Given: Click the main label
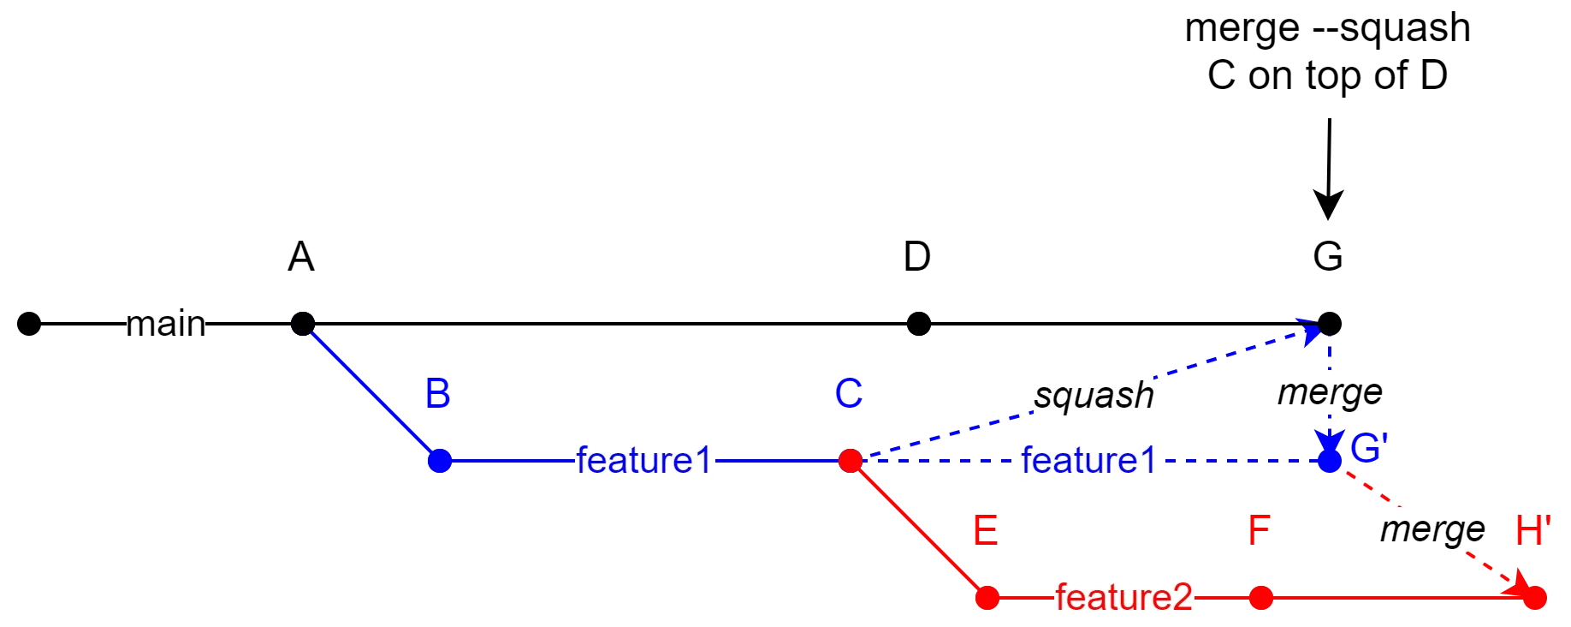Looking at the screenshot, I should [x=164, y=325].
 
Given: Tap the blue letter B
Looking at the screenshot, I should [x=437, y=394].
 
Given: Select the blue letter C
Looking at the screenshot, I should [x=848, y=394].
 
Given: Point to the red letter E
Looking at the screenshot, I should [x=985, y=532].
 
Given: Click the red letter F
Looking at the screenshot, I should [x=1259, y=531].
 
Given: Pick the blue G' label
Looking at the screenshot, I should [x=1367, y=448].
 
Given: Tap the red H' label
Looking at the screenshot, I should [x=1532, y=531].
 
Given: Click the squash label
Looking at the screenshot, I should [x=1094, y=395].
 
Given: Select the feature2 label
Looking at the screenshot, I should [x=1123, y=597].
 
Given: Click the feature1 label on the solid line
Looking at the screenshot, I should [x=645, y=461].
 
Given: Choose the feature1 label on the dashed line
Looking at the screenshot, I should [x=1090, y=461].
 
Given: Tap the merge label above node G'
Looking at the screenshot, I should [x=1328, y=393].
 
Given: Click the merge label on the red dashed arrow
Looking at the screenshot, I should [x=1431, y=530].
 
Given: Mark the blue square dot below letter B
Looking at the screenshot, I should [x=439, y=461].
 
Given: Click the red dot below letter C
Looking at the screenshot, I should [x=850, y=461].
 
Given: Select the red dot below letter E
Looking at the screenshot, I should [x=987, y=597].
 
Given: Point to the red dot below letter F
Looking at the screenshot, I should [x=1260, y=597].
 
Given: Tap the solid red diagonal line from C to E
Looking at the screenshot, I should [x=918, y=529].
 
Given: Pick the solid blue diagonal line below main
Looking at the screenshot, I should [x=371, y=392].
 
